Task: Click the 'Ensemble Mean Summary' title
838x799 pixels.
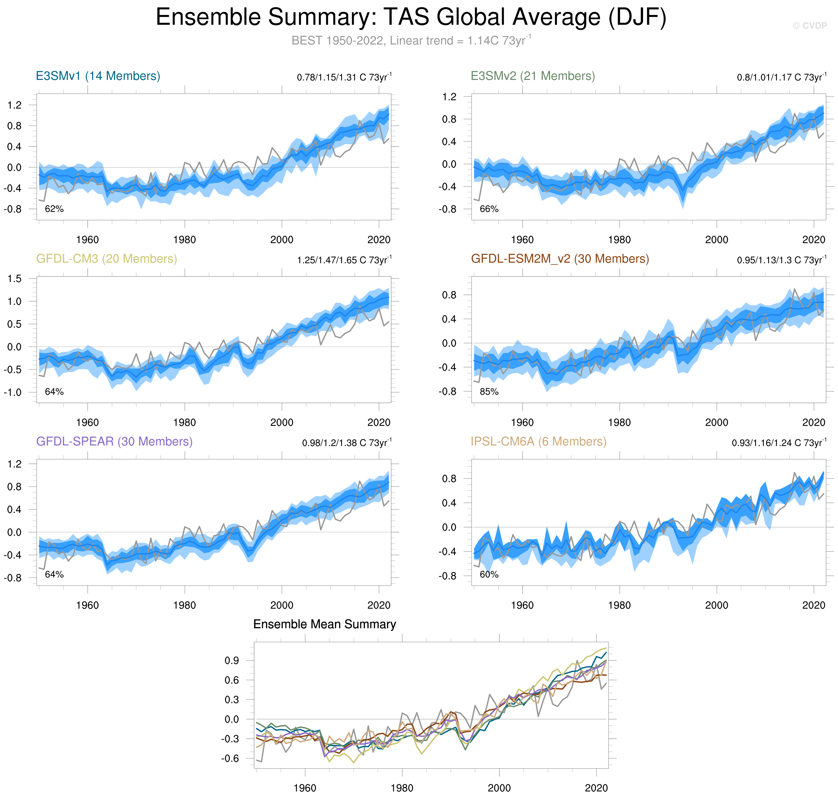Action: (324, 624)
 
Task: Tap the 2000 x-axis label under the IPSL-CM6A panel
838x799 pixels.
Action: (717, 605)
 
